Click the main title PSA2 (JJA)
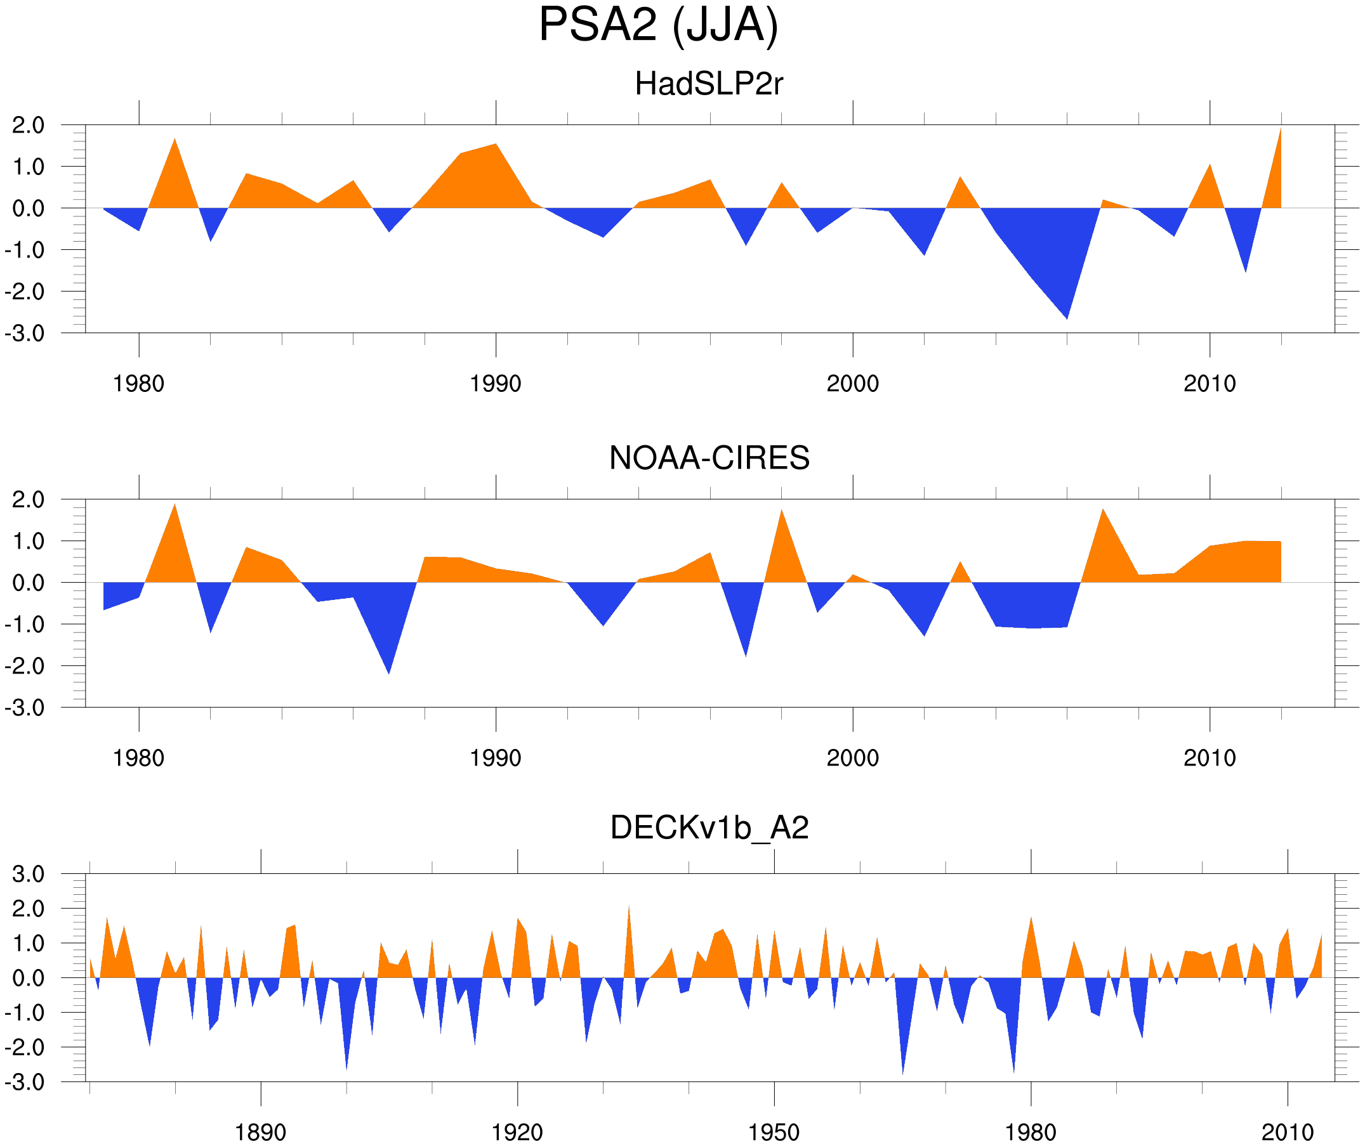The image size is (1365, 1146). tap(658, 26)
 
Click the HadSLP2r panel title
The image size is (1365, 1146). tap(708, 84)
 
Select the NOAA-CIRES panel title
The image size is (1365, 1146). tap(709, 458)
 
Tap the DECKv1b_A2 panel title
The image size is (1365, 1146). tap(709, 828)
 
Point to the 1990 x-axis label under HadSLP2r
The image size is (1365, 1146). tap(496, 384)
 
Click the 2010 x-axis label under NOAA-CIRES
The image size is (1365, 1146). tap(1209, 758)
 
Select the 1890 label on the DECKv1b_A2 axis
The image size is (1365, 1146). tap(260, 1132)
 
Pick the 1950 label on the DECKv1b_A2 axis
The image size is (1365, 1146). tap(774, 1132)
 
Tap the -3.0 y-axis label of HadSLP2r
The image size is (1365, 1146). tap(25, 334)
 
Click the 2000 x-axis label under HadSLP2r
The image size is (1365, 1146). tap(852, 384)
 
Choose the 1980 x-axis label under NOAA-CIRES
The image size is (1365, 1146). tap(138, 758)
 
